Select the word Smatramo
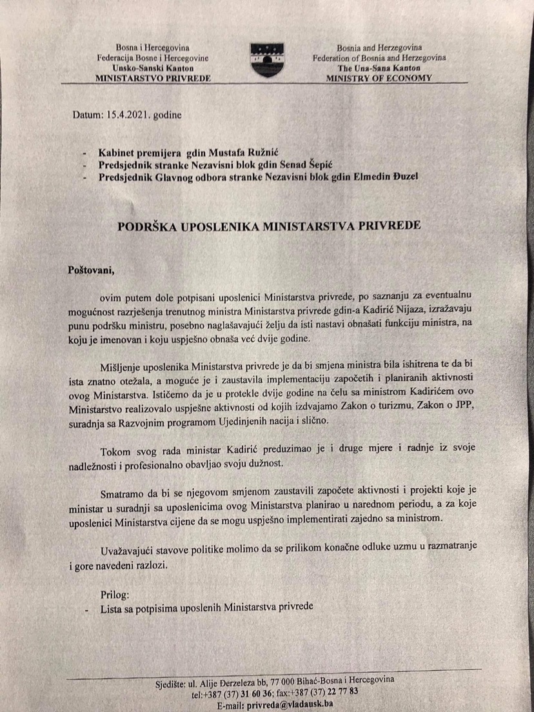click(x=123, y=493)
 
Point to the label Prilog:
click(x=116, y=592)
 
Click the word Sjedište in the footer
click(x=172, y=684)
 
